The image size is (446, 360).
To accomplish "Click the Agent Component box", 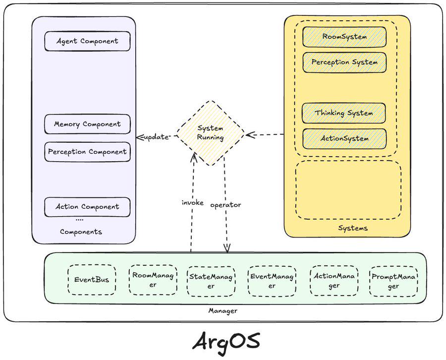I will coord(87,41).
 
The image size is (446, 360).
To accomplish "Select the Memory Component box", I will coord(87,124).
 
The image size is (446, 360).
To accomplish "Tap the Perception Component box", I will coord(87,152).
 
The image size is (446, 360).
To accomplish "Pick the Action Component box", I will coord(87,207).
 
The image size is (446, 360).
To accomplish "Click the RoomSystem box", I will coord(344,37).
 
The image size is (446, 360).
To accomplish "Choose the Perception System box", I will coord(344,62).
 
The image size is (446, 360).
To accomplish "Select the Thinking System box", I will coord(344,113).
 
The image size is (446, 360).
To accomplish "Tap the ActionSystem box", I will coord(344,139).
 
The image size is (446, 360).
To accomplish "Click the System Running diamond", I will coord(210,133).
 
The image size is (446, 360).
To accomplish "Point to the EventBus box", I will coord(92,280).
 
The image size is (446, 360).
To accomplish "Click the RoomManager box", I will coord(153,280).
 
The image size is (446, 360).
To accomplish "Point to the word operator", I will coord(226,204).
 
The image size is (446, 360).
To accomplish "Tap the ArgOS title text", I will coord(225,341).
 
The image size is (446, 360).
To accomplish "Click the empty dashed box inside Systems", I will coord(348,189).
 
